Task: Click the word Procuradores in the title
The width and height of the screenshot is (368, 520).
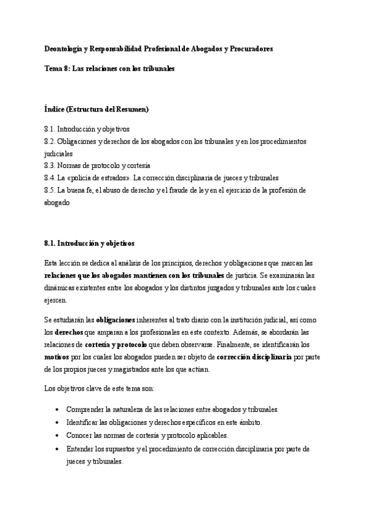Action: (250, 48)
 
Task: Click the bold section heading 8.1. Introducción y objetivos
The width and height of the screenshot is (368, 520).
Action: (89, 243)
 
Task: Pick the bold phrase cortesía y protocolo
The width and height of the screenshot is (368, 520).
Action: (115, 344)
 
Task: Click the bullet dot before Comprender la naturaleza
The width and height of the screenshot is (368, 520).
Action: (57, 410)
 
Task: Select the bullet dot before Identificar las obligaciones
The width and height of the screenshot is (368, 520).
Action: (57, 422)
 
